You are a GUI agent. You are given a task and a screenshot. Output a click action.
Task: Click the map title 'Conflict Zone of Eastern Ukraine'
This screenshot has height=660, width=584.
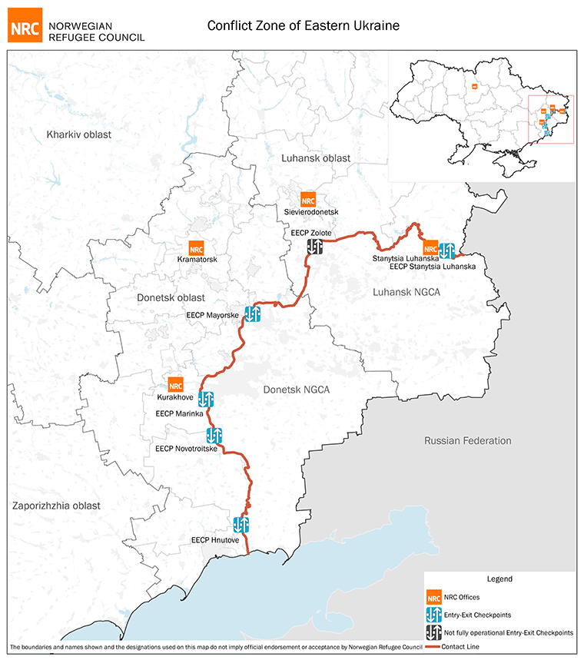[x=304, y=25]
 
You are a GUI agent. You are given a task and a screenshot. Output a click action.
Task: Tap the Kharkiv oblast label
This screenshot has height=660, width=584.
[x=78, y=134]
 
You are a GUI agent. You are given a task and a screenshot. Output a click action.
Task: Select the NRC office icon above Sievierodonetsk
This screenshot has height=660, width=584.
[x=308, y=199]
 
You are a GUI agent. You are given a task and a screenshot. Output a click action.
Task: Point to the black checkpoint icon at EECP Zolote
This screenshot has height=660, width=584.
[x=315, y=246]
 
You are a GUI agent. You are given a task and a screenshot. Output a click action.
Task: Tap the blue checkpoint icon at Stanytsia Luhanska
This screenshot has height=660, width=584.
[x=446, y=250]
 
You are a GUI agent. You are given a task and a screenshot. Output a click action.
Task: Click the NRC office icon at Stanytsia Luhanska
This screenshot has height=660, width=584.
[x=430, y=248]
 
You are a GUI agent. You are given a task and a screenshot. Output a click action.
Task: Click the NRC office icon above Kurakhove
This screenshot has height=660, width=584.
[x=176, y=385]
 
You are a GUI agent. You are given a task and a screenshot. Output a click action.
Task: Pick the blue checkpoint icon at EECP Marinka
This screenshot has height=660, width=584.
[x=206, y=399]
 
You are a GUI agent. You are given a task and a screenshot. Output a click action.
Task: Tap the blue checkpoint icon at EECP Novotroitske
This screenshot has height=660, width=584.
[x=214, y=436]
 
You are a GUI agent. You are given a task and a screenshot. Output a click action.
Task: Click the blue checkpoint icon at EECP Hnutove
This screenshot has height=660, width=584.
[x=241, y=525]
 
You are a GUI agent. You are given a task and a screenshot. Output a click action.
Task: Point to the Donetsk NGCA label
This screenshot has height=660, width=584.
[x=296, y=390]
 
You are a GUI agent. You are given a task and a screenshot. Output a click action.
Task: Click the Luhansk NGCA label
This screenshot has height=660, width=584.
[x=406, y=292]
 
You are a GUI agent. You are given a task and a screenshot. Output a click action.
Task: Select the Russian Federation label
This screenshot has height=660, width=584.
[x=467, y=440]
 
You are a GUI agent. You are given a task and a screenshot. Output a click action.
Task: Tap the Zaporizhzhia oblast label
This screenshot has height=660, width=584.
[x=56, y=505]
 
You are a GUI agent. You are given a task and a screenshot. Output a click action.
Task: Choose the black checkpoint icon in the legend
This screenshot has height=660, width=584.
[x=434, y=632]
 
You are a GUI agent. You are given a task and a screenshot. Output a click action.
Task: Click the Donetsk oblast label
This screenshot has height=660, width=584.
[x=161, y=297]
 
